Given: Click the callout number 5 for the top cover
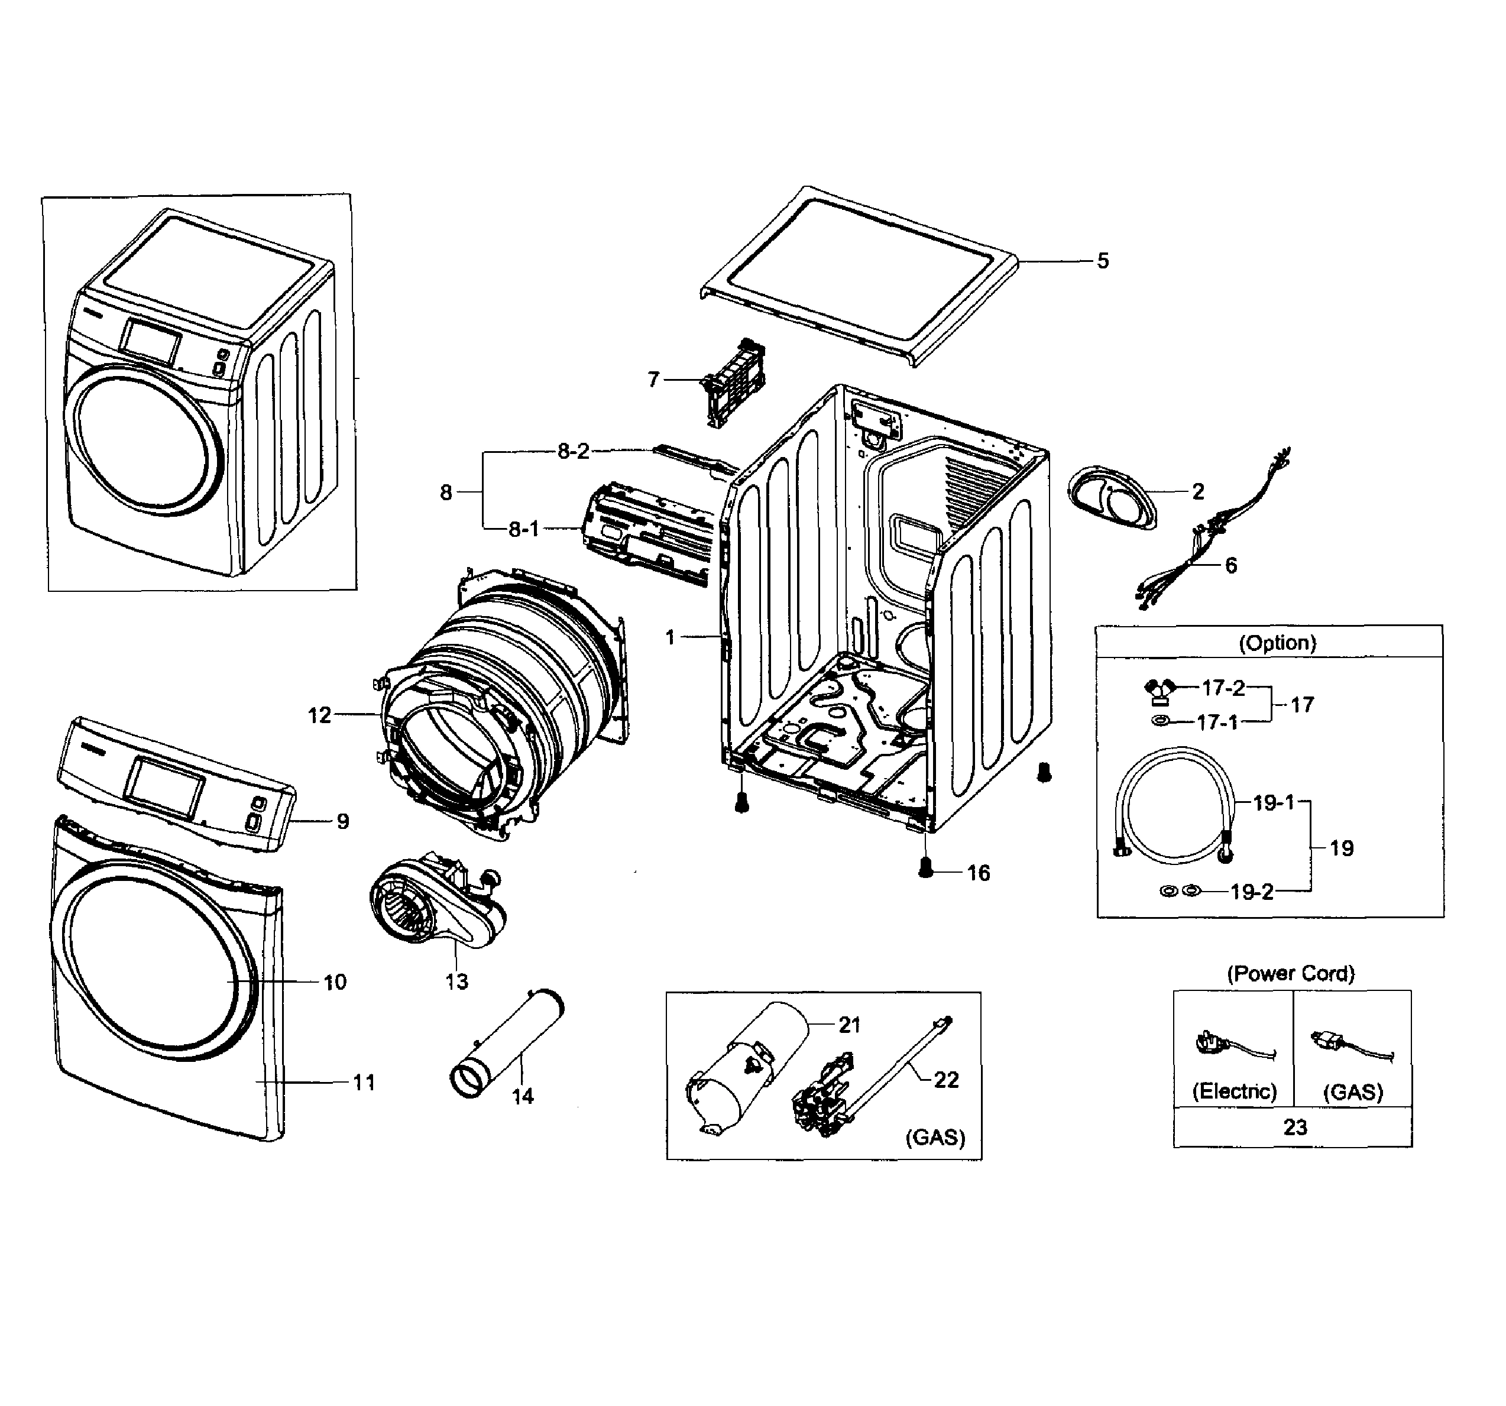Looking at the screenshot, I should pyautogui.click(x=1102, y=261).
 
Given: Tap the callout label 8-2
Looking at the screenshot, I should pyautogui.click(x=573, y=452).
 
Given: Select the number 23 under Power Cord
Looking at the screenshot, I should pyautogui.click(x=1295, y=1127).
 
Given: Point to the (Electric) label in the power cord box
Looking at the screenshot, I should pyautogui.click(x=1234, y=1091).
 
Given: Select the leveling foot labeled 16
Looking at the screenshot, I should pyautogui.click(x=924, y=868).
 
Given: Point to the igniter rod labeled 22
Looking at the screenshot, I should pyautogui.click(x=902, y=1068).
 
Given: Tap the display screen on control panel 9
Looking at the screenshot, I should pyautogui.click(x=165, y=786).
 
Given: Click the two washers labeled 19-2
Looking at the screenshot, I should pyautogui.click(x=1180, y=891).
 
